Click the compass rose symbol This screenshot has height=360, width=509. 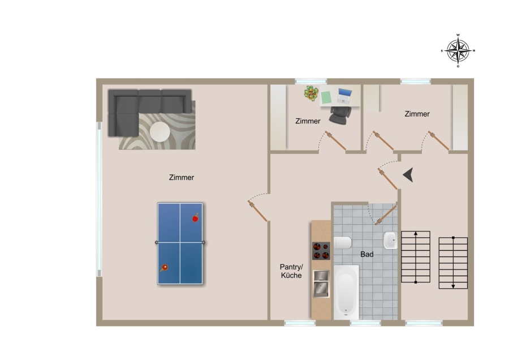tap(458, 51)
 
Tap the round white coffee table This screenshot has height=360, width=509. tap(159, 131)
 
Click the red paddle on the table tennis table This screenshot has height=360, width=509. tap(196, 218)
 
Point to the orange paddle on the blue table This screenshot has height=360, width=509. tap(164, 268)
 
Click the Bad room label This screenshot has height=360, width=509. tap(367, 254)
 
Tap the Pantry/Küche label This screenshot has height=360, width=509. tap(291, 271)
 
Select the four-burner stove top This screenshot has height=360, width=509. tap(321, 251)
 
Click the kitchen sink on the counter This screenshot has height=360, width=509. tap(321, 284)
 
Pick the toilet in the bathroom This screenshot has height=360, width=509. tap(343, 243)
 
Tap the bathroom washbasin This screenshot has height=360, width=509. tap(390, 240)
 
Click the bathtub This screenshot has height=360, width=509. tap(346, 293)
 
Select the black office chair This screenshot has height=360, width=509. tap(340, 115)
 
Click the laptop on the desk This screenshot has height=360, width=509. tap(344, 96)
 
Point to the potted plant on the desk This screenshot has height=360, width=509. tap(311, 93)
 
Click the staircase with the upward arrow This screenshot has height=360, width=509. tap(416, 256)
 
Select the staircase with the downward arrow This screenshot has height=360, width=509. tap(453, 263)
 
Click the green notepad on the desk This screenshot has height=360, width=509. tap(326, 97)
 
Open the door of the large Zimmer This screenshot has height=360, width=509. tap(257, 211)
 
